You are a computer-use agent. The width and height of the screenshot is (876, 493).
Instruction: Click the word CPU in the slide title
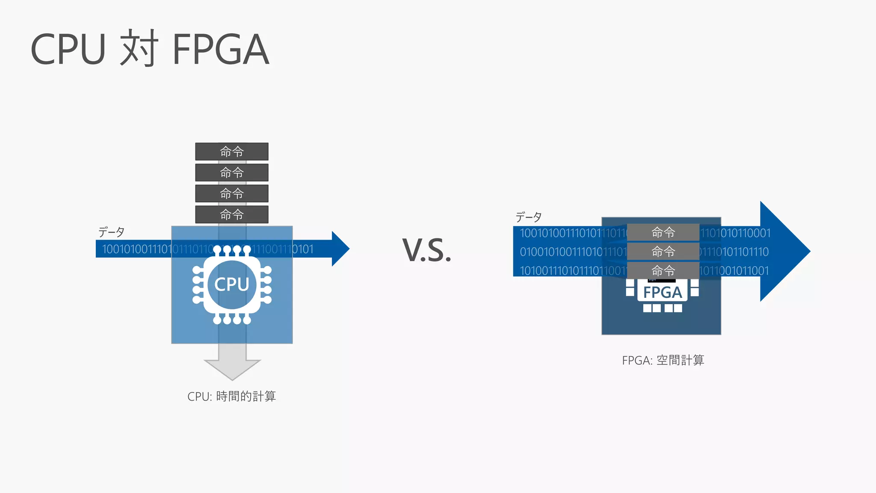point(68,50)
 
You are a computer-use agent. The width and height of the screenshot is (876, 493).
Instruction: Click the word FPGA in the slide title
point(221,50)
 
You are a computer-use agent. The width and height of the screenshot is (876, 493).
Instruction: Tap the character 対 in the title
point(139,48)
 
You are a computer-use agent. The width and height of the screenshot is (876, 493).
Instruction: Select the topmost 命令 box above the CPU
point(232,151)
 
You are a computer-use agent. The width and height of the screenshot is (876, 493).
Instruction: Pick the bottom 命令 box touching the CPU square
point(232,214)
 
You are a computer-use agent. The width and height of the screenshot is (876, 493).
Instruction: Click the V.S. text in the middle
point(427,250)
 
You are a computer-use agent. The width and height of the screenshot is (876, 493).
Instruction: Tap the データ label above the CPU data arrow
point(111,232)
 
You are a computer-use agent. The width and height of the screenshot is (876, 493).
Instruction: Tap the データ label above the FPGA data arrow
point(529,217)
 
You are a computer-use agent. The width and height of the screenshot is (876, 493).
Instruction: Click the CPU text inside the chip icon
point(232,285)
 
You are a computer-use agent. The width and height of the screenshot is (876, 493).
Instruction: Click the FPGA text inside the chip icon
point(662,293)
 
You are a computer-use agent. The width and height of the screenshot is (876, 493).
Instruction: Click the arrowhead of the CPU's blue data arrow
point(340,249)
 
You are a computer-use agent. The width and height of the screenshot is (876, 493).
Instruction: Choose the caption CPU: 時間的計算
point(231,396)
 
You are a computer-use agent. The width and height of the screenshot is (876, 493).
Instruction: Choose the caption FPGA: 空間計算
point(663,360)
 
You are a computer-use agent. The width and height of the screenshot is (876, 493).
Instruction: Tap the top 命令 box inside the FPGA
point(663,232)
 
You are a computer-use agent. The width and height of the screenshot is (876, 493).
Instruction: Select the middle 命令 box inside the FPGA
point(663,252)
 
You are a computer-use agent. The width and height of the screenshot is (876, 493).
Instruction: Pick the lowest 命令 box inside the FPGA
point(663,270)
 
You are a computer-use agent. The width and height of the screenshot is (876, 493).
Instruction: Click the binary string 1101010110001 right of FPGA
point(736,233)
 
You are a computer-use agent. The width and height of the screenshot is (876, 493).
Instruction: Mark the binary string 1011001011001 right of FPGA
point(734,271)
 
